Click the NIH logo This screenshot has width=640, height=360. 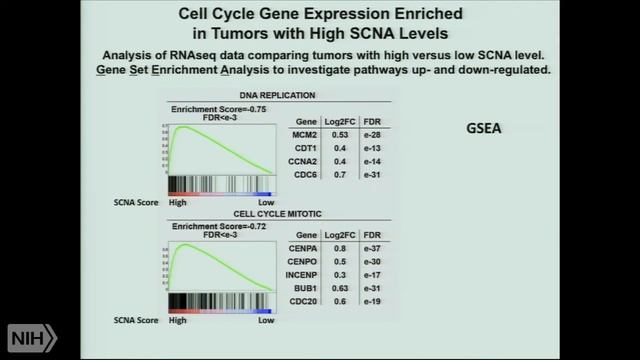33,336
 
